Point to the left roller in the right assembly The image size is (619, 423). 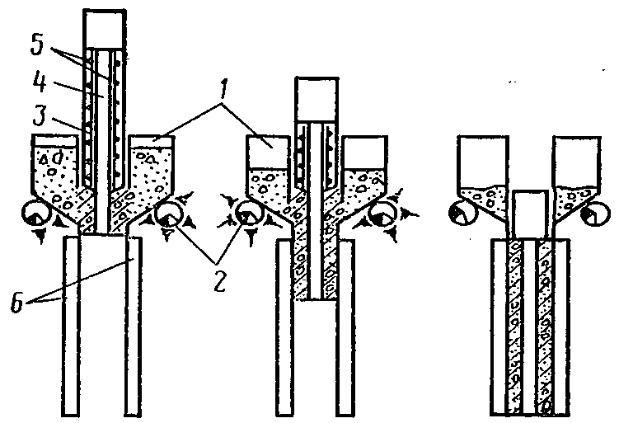[x=457, y=214]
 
